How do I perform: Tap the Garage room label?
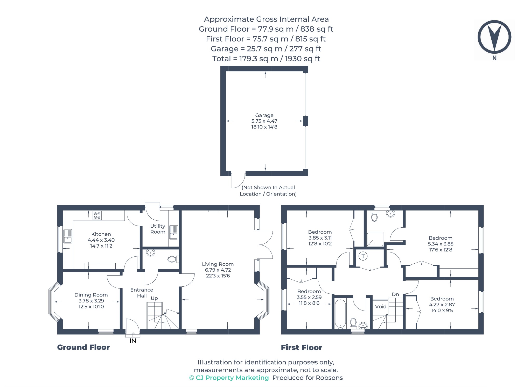pyautogui.click(x=264, y=115)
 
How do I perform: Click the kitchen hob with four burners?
pyautogui.click(x=97, y=215)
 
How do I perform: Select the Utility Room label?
pyautogui.click(x=158, y=229)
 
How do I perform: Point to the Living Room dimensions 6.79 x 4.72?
pyautogui.click(x=218, y=270)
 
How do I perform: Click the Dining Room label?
pyautogui.click(x=91, y=295)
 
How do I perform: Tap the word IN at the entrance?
pyautogui.click(x=133, y=341)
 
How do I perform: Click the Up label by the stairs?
pyautogui.click(x=154, y=298)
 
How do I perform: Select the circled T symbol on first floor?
pyautogui.click(x=363, y=256)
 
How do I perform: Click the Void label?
pyautogui.click(x=381, y=307)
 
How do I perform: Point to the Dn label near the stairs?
pyautogui.click(x=395, y=294)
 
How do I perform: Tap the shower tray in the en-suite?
pyautogui.click(x=375, y=239)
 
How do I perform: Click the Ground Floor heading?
pyautogui.click(x=83, y=347)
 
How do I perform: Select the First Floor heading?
pyautogui.click(x=301, y=348)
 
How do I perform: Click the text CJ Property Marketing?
pyautogui.click(x=232, y=378)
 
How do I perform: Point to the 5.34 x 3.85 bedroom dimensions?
pyautogui.click(x=441, y=244)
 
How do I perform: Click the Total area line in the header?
pyautogui.click(x=266, y=59)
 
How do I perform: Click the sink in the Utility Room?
pyautogui.click(x=174, y=232)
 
